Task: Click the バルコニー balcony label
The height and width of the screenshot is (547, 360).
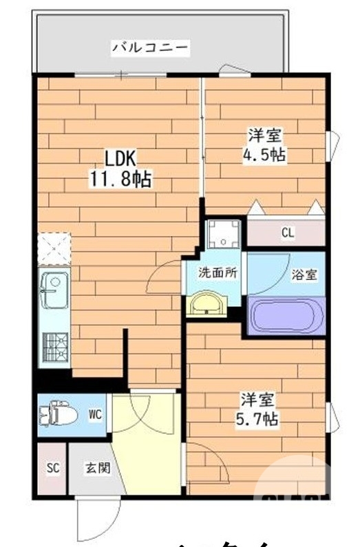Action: pos(150,47)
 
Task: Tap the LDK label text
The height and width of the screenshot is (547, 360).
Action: pos(121,158)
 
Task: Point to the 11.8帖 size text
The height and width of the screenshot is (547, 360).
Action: pos(120,180)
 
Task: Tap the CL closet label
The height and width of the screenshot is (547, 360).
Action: pos(287,233)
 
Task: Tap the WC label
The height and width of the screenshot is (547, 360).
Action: pos(95,414)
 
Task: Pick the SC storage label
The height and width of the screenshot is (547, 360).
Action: pos(53,468)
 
